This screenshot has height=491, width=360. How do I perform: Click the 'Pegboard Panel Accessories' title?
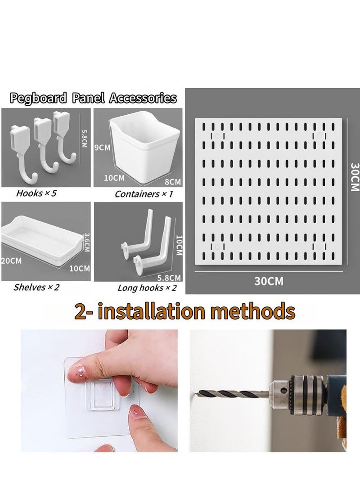[x=93, y=98]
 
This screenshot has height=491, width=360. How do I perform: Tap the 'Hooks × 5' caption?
[x=36, y=194]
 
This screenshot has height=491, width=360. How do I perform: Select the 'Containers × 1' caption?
[x=143, y=194]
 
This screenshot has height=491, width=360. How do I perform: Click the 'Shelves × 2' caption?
[x=36, y=287]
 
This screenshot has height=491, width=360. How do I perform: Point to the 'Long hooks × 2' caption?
[x=147, y=288]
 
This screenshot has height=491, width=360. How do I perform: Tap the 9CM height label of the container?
[x=102, y=148]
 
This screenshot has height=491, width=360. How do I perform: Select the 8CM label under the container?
[x=172, y=182]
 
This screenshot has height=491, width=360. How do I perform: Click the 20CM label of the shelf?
[x=11, y=261]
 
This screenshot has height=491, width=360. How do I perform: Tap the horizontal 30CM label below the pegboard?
[x=269, y=281]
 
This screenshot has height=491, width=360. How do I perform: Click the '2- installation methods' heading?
[x=184, y=311]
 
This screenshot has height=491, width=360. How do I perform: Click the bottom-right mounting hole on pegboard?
[x=319, y=246]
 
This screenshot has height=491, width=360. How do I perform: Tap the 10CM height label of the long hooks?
[x=178, y=245]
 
